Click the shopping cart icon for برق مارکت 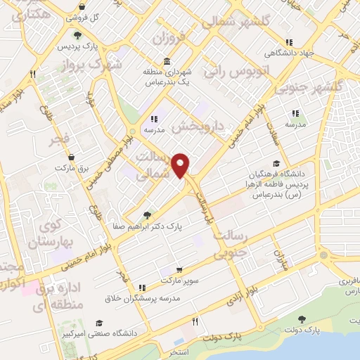tap(61, 169)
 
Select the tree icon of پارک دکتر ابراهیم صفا tap(146, 215)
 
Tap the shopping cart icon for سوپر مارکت tap(180, 269)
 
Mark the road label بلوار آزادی tap(243, 291)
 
